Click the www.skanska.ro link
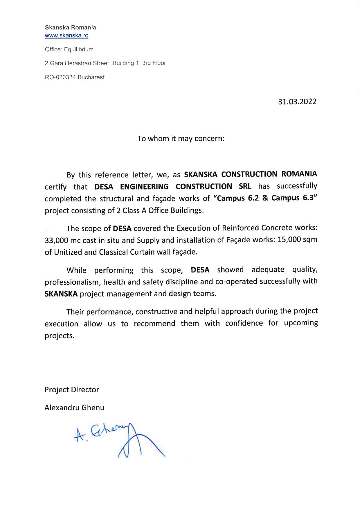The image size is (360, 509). coord(66,36)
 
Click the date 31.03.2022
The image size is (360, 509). coord(297,102)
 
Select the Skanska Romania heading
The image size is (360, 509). coord(70,28)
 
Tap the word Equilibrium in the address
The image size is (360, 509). coord(79,49)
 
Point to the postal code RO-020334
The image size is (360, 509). coord(60,77)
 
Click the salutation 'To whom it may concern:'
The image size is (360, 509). coord(181,138)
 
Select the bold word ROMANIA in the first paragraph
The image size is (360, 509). coord(299,174)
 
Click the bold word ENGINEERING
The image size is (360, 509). coord(144,187)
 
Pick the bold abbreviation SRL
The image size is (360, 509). coord(245,186)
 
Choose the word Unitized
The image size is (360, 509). coord(68,252)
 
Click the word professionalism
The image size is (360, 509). coord(71,282)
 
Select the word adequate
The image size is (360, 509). coord(268,270)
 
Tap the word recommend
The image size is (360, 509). coord(154,324)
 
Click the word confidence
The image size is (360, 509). coord(244,323)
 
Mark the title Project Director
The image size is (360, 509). coord(72,390)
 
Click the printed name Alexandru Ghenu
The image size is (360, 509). coord(74,408)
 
